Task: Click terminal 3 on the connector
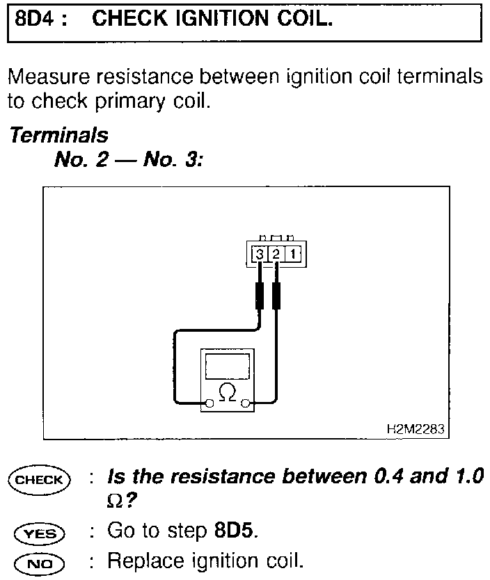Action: click(x=260, y=255)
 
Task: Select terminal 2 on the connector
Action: click(x=276, y=255)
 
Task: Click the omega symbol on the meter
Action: click(x=226, y=393)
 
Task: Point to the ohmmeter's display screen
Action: click(x=226, y=366)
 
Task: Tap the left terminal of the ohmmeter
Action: click(x=209, y=402)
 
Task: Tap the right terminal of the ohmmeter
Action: click(x=244, y=402)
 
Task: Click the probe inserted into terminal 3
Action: click(x=260, y=295)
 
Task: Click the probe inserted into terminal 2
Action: click(x=276, y=295)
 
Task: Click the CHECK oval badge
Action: click(x=39, y=480)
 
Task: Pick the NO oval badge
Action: click(x=39, y=561)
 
